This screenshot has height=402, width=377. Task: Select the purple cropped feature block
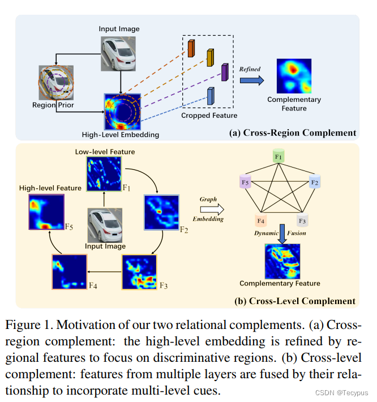point(225,72)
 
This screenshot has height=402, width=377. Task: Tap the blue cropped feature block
point(211,96)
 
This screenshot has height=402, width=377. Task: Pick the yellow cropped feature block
point(210,58)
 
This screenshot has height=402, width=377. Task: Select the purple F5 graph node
point(245,183)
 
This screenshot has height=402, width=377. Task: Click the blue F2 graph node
point(315,182)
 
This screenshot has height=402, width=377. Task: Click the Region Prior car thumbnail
point(57,83)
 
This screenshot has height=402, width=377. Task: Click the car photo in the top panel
point(119,54)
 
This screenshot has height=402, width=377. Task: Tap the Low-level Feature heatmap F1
point(104,174)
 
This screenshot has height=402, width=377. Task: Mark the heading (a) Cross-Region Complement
point(293,133)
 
